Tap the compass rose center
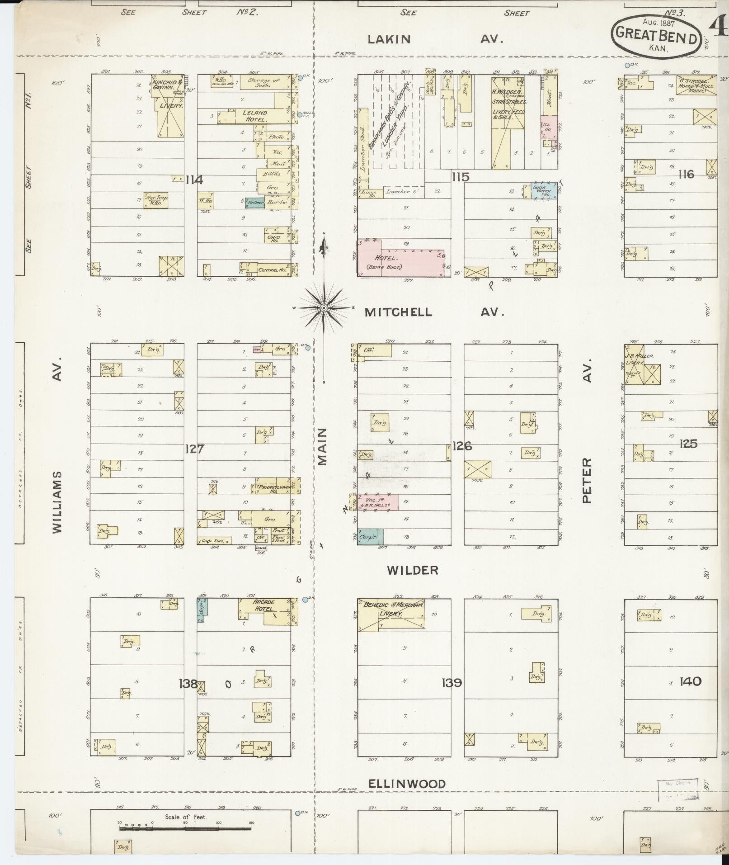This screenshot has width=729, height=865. [324, 308]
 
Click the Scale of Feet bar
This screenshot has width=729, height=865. [185, 829]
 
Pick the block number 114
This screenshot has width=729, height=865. [194, 180]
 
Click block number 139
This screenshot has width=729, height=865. [452, 683]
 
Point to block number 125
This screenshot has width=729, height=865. [688, 444]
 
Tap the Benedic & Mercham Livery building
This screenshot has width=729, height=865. [391, 614]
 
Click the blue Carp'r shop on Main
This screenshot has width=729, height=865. [370, 537]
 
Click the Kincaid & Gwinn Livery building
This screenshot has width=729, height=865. [169, 105]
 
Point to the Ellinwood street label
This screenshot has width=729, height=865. [407, 784]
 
